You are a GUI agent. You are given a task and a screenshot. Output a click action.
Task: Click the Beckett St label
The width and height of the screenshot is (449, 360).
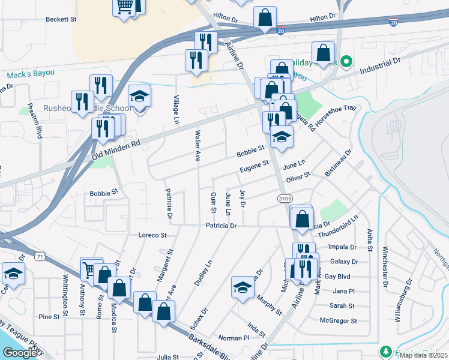point(62,19)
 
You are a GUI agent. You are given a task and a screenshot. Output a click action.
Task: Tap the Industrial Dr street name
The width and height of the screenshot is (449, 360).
point(380,66)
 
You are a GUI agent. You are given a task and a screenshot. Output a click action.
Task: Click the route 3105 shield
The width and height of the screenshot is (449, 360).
point(285,197)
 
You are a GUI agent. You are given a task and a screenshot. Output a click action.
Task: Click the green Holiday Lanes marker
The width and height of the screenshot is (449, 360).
point(346,61)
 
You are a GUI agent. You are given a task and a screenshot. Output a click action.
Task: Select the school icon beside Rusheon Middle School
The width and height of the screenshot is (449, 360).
point(140,97)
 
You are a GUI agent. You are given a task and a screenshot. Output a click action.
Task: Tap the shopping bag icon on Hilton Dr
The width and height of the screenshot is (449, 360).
point(265,19)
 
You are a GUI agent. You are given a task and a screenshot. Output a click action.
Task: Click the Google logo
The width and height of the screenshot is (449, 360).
point(20,352)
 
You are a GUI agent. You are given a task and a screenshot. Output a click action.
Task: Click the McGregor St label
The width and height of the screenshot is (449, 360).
point(340,321)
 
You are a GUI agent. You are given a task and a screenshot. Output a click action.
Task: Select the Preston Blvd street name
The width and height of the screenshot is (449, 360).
point(38,123)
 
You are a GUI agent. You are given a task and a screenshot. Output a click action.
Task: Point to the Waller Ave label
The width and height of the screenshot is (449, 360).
point(197,147)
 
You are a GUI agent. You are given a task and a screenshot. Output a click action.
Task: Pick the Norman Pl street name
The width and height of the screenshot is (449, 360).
point(234,338)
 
